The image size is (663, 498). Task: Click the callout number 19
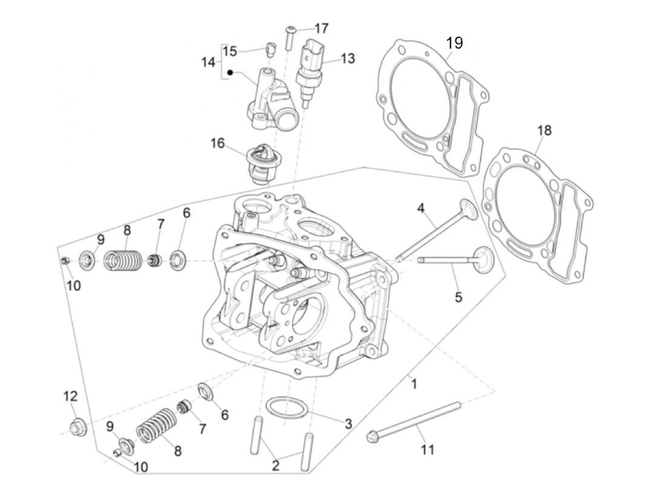454,43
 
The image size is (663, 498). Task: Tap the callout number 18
545,130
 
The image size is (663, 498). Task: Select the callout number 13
348,59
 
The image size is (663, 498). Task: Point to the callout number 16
217,142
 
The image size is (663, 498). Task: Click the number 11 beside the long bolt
428,449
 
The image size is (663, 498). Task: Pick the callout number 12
71,396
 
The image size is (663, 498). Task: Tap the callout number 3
348,424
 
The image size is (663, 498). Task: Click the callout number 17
321,28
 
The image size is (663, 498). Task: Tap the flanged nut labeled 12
76,428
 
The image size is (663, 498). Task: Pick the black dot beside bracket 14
231,72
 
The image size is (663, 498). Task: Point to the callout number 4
421,207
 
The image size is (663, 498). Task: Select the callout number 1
414,384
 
